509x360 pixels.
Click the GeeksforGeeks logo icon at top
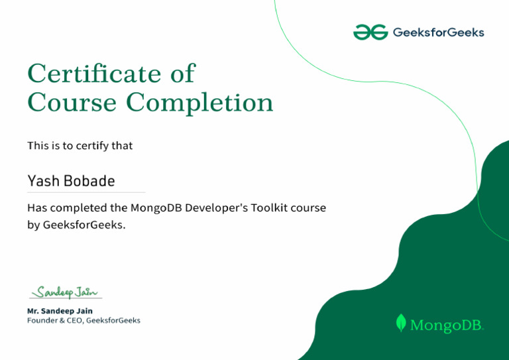click(370, 32)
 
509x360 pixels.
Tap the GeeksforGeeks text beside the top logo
click(438, 32)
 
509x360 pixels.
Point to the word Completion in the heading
click(199, 103)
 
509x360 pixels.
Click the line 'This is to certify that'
click(80, 145)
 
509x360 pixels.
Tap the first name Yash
click(43, 181)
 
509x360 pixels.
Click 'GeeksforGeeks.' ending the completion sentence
click(84, 225)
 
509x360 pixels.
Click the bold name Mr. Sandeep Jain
click(60, 310)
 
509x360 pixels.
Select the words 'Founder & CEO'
click(55, 320)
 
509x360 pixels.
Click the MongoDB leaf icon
click(400, 323)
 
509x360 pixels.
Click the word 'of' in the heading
click(182, 74)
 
